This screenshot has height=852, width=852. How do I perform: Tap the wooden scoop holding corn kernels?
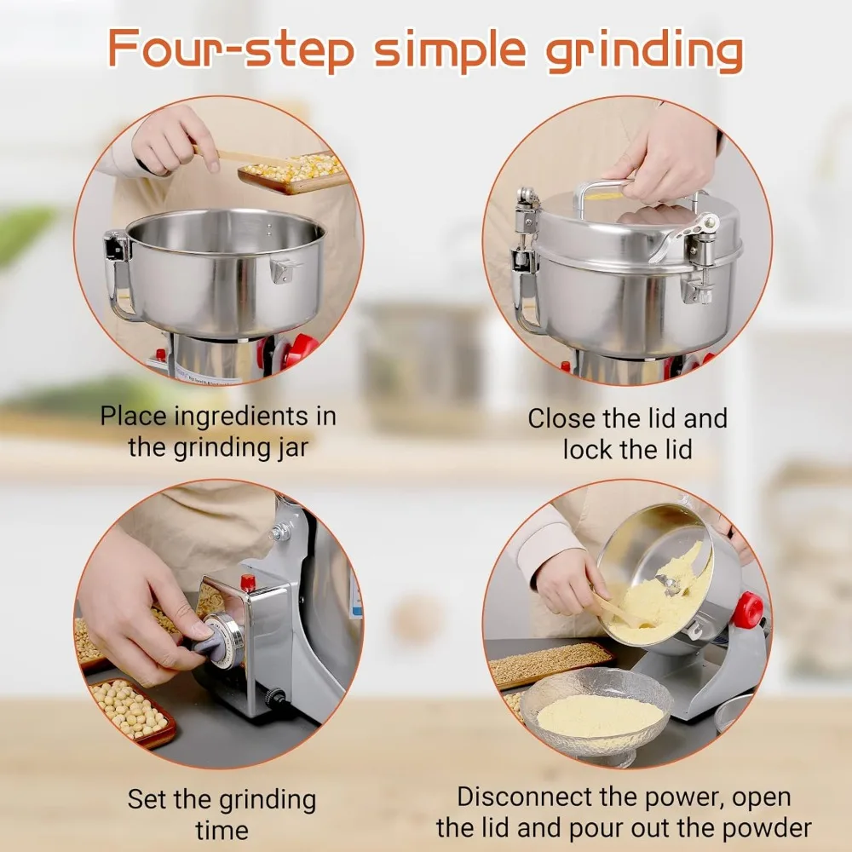(290, 170)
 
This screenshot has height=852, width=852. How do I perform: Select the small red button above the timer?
(248, 583)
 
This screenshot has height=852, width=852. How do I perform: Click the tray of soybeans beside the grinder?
(132, 706)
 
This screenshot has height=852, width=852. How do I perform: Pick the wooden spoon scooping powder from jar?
(622, 609)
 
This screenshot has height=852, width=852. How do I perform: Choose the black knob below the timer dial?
(276, 698)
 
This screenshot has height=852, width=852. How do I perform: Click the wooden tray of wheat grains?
(550, 663)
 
